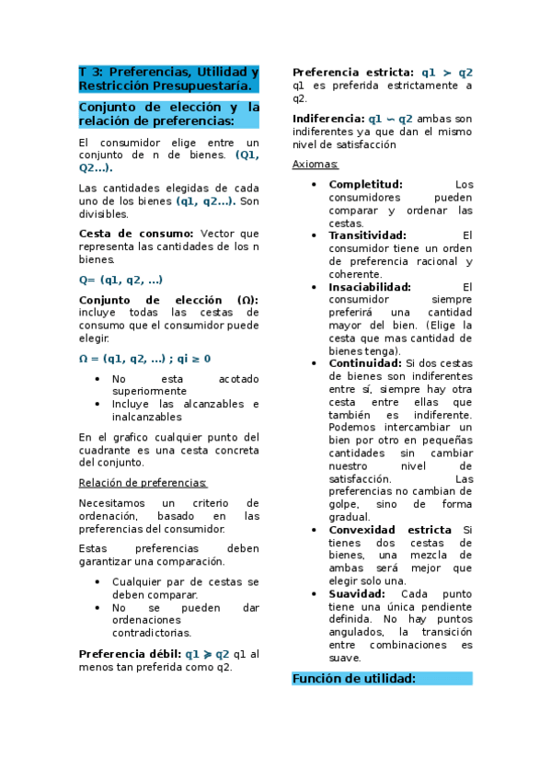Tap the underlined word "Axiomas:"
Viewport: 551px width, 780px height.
(315, 164)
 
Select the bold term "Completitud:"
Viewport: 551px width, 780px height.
(366, 184)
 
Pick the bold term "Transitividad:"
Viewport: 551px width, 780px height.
(368, 235)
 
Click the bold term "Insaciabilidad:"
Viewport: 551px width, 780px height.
(370, 286)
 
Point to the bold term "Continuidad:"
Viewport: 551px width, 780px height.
(364, 363)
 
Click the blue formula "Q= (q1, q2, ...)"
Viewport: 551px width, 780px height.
(121, 280)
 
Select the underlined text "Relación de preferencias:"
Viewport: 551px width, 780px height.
(143, 482)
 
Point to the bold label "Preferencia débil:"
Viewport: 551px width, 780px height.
(129, 654)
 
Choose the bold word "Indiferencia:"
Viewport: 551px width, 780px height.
(328, 119)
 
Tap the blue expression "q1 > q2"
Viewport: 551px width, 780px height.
(447, 73)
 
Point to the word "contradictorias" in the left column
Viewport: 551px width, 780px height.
(152, 632)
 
